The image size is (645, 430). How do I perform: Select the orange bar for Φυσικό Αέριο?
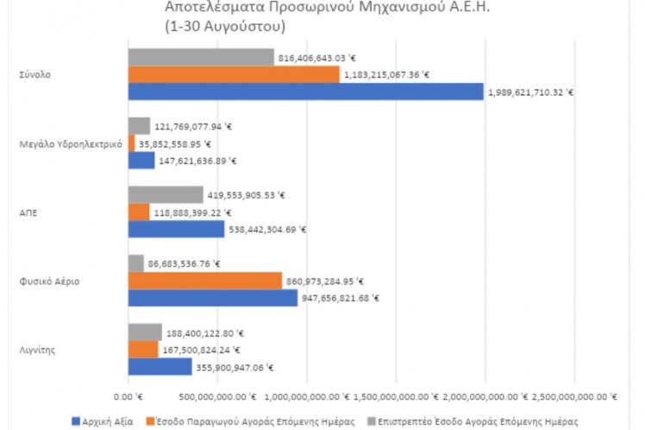(x=204, y=281)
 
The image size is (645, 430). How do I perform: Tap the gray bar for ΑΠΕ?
(x=166, y=195)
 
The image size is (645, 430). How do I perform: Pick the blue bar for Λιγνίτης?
(x=160, y=367)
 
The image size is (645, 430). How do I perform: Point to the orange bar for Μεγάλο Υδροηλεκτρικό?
(x=131, y=143)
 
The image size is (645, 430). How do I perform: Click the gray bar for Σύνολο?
(x=201, y=58)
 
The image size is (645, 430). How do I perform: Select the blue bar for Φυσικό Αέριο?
(x=213, y=298)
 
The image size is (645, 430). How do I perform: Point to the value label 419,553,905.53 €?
(x=247, y=195)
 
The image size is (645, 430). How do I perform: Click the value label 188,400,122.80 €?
(x=204, y=332)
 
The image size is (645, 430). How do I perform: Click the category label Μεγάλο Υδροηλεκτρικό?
(x=69, y=143)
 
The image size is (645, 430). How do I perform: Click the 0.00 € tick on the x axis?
(x=127, y=396)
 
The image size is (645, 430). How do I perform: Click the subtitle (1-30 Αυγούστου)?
(x=224, y=28)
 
